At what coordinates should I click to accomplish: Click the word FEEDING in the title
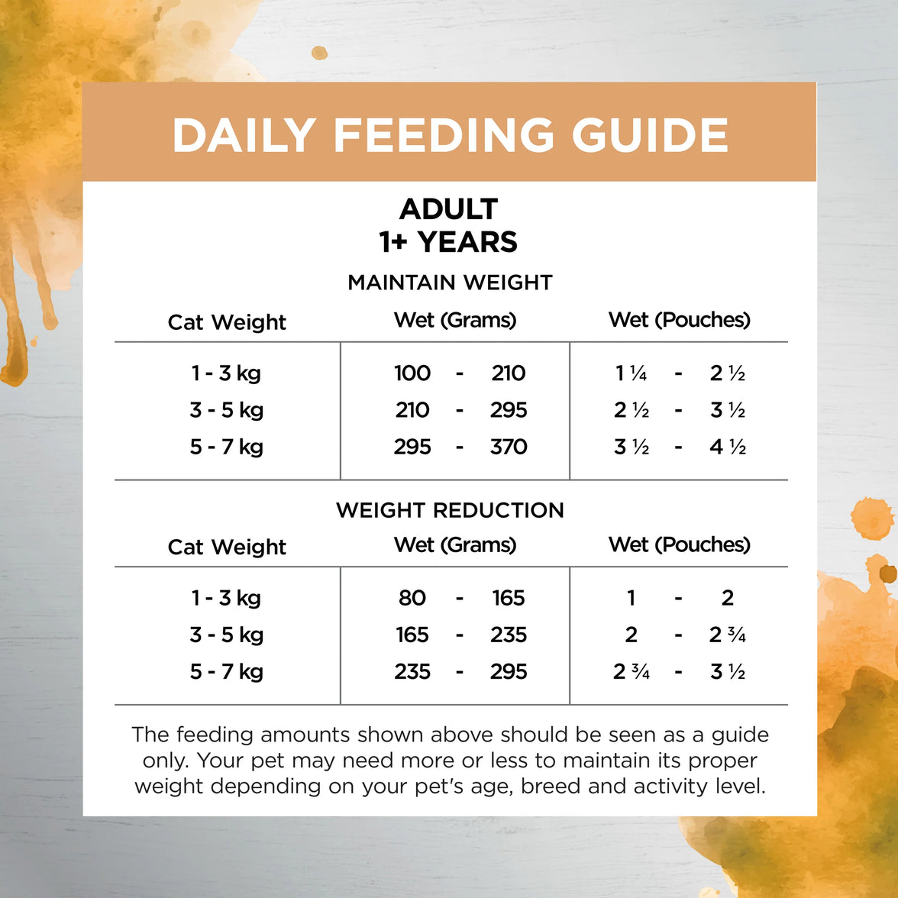(444, 135)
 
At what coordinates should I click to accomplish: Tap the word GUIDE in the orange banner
(650, 135)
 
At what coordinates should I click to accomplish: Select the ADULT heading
(449, 208)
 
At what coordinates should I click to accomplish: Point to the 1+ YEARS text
(449, 242)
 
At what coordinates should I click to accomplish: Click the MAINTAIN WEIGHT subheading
(450, 283)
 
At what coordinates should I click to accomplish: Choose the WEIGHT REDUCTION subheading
(450, 510)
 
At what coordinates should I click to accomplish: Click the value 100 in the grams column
(412, 373)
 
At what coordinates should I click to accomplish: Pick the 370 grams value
(509, 447)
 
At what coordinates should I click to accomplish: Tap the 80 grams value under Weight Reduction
(412, 598)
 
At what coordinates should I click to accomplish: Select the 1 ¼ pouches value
(631, 373)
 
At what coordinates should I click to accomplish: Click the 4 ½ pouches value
(727, 447)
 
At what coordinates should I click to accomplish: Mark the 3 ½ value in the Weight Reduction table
(727, 672)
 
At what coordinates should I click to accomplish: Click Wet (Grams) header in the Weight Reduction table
(455, 545)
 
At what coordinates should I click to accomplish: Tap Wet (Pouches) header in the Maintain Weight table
(679, 320)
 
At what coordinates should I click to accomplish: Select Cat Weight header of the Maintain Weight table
(227, 322)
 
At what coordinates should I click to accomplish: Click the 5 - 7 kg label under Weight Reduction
(227, 672)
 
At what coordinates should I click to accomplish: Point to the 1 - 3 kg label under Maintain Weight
(227, 373)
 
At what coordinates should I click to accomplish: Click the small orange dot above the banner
(319, 53)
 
